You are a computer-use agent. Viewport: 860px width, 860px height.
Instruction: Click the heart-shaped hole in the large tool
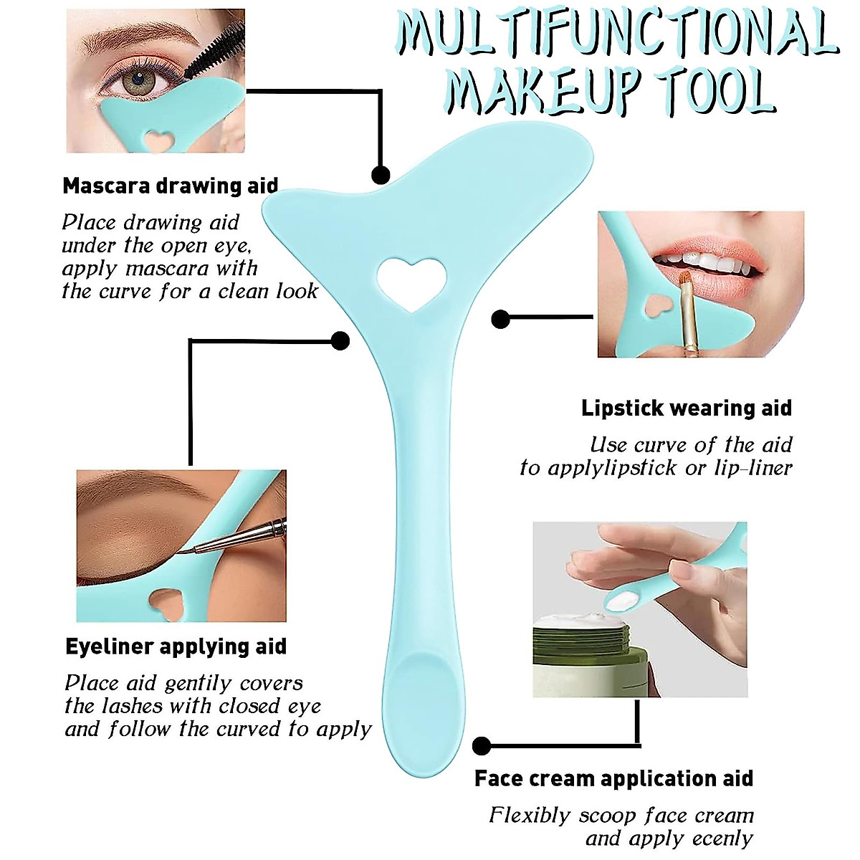click(x=411, y=282)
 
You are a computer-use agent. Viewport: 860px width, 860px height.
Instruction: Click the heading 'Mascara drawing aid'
click(x=170, y=186)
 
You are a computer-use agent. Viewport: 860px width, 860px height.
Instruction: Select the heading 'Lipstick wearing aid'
click(x=687, y=408)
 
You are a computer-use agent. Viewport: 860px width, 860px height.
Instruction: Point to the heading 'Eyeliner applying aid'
click(x=176, y=646)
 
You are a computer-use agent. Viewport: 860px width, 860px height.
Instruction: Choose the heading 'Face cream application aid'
click(x=613, y=778)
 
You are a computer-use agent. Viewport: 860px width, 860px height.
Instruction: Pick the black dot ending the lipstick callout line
click(x=500, y=319)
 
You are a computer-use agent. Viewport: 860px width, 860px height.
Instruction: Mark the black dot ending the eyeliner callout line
click(x=340, y=340)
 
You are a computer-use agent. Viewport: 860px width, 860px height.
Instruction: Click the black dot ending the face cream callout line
click(x=482, y=746)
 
